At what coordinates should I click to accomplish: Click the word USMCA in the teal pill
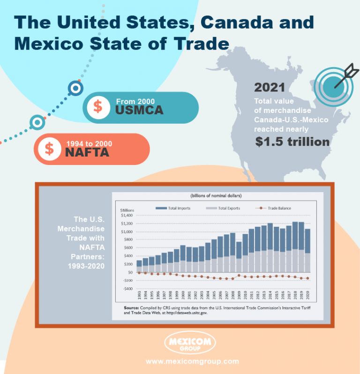[x=139, y=110]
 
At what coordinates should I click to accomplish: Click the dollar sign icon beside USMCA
[x=98, y=106]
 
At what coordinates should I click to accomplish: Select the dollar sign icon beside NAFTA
[x=49, y=148]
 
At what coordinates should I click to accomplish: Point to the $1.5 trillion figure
[x=292, y=142]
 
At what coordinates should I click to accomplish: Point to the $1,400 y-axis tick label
[x=127, y=215]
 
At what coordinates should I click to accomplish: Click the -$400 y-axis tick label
[x=127, y=289]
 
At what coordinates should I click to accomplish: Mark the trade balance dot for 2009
[x=239, y=276]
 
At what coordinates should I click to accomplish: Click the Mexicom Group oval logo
[x=190, y=344]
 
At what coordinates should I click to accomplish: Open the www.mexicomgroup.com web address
[x=192, y=361]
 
